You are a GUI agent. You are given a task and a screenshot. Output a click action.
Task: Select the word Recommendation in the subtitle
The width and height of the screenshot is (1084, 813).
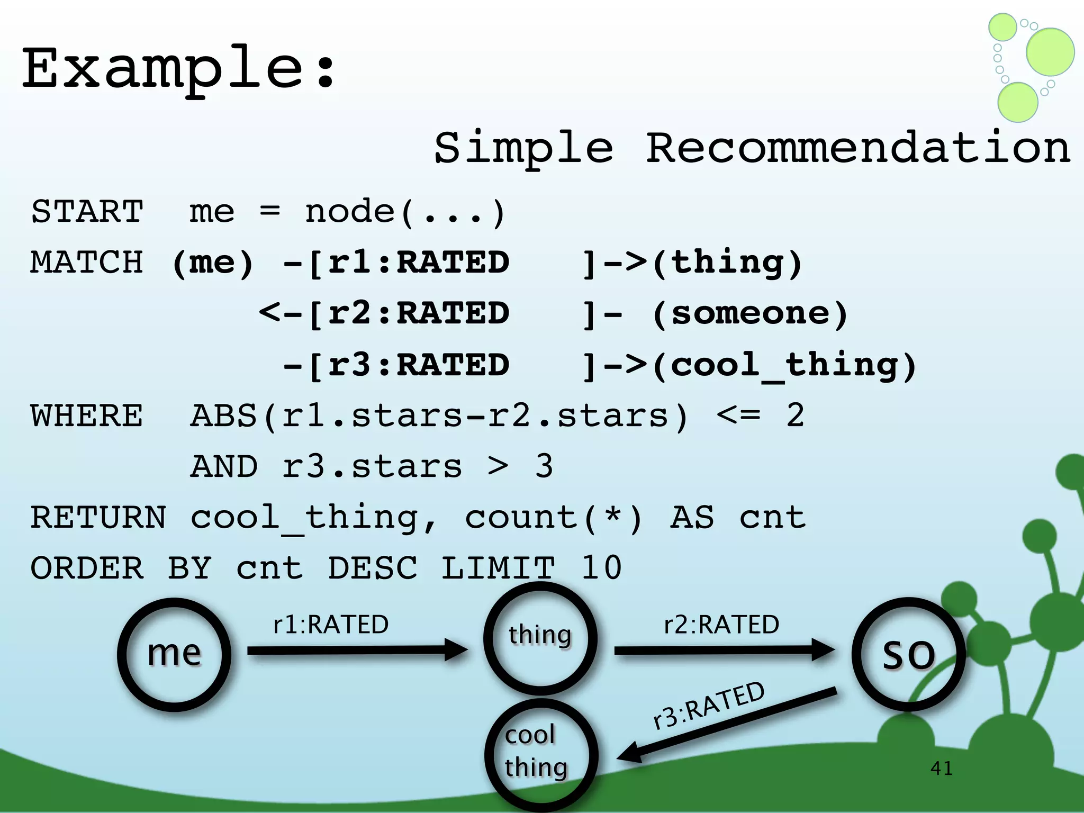coord(857,148)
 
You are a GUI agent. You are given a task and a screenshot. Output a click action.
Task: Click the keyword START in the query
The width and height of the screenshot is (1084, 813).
coord(87,212)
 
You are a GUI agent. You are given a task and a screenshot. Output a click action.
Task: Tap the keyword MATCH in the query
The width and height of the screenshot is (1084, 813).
coord(87,263)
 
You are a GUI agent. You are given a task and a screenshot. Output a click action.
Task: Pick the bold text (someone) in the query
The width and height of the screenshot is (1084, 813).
coord(749,314)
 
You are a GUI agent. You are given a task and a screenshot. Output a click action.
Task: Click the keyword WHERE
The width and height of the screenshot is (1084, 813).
coord(87,415)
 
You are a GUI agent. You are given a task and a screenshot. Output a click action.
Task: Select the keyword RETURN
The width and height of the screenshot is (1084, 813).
coord(98,518)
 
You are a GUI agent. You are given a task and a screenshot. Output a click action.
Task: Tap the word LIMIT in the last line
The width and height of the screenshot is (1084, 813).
coord(498,568)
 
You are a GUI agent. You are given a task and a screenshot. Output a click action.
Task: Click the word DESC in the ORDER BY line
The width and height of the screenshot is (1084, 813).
coord(373,568)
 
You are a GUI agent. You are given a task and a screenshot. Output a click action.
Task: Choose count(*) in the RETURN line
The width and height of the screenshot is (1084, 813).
coord(554,518)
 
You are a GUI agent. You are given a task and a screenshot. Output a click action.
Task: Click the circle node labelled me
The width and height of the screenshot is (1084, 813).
coord(174,655)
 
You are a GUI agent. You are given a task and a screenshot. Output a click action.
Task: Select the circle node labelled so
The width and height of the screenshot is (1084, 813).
coord(908,655)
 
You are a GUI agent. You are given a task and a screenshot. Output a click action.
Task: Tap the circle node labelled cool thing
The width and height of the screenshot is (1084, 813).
coord(541,754)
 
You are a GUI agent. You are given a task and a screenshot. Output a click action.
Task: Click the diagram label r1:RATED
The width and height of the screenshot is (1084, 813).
coord(331,625)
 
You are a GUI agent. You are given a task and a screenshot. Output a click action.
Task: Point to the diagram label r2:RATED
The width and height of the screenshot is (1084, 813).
coord(721,625)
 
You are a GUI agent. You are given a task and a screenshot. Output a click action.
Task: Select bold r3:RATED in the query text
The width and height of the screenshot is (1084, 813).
coord(418,366)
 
